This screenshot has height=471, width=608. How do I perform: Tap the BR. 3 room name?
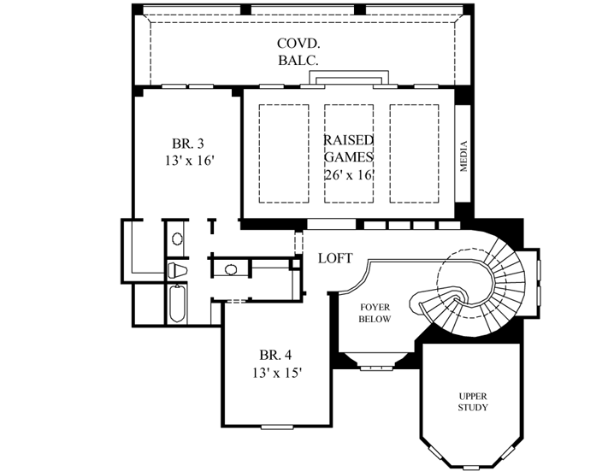pos(187,143)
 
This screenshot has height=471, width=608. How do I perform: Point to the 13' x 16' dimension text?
pos(187,160)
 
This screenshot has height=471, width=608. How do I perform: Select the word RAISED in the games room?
pos(348,139)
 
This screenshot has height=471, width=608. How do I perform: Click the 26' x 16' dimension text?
pos(349,174)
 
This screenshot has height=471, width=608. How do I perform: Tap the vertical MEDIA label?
pos(464,156)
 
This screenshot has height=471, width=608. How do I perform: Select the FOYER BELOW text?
pos(375,313)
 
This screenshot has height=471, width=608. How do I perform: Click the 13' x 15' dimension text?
pos(276,372)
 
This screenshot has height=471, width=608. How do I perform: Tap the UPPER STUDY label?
pos(472,401)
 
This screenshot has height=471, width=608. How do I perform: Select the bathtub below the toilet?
pos(176,304)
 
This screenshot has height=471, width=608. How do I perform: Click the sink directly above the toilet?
pos(176,239)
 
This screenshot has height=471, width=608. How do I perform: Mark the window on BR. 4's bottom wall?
pos(277,426)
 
